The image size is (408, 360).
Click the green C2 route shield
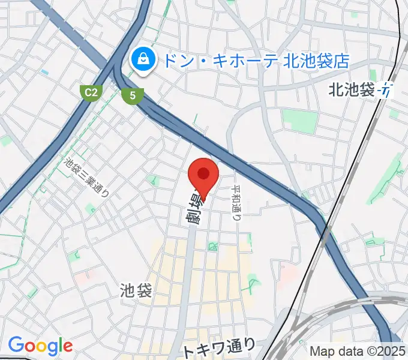tap(91, 92)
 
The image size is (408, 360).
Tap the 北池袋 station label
tap(351, 90)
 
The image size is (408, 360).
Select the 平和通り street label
tap(236, 202)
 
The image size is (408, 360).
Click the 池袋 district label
tap(136, 291)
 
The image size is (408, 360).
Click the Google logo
tap(40, 345)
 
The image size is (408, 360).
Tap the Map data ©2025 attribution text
tap(358, 351)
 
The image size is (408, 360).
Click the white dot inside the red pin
tap(203, 173)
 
